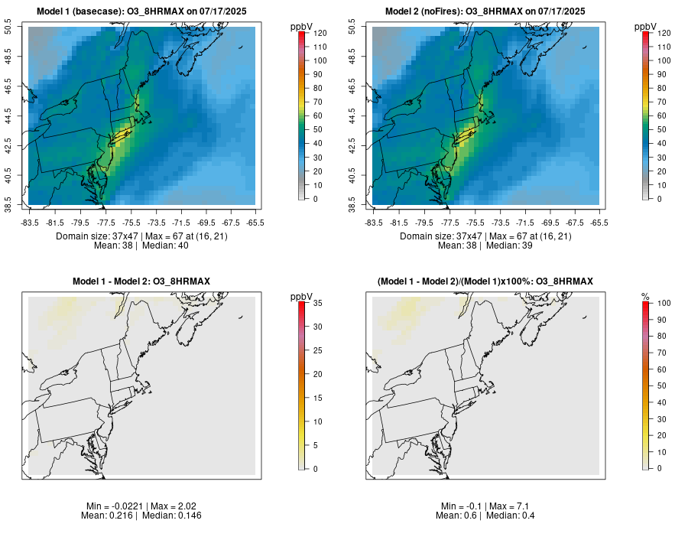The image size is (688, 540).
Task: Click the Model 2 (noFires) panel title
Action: pyautogui.click(x=485, y=11)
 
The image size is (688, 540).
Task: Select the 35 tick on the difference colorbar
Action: pyautogui.click(x=317, y=303)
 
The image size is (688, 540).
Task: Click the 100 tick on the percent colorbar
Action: pyautogui.click(x=664, y=303)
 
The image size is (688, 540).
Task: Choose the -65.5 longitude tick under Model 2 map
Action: pyautogui.click(x=599, y=223)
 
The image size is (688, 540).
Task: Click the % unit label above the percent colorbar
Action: pyautogui.click(x=645, y=297)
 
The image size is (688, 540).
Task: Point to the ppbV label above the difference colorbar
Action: pyautogui.click(x=302, y=297)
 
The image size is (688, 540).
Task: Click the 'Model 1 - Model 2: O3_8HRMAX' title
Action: pyautogui.click(x=141, y=282)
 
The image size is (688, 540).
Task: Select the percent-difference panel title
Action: pyautogui.click(x=485, y=282)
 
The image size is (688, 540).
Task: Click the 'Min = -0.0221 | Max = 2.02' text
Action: pyautogui.click(x=141, y=506)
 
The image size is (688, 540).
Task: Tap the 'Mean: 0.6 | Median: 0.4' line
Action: pyautogui.click(x=485, y=516)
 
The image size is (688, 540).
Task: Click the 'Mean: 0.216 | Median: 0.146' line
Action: pyautogui.click(x=141, y=516)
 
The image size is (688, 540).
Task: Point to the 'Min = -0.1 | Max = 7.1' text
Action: pyautogui.click(x=485, y=506)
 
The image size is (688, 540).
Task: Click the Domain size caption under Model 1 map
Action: pyautogui.click(x=141, y=236)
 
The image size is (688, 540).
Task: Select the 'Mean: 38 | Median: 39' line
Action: pyautogui.click(x=485, y=246)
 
